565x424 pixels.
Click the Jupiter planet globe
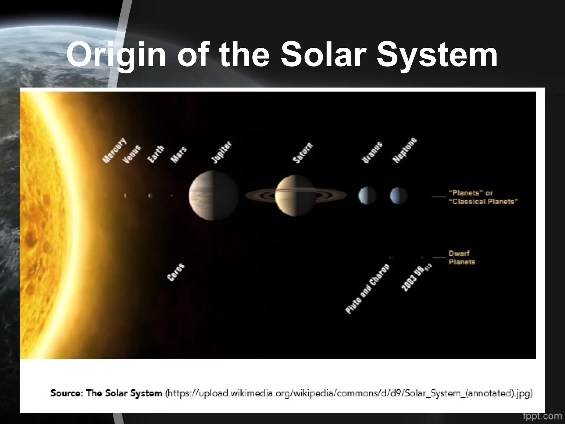pos(213,195)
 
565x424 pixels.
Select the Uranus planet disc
pos(367,195)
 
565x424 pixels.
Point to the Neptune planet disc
pos(399,195)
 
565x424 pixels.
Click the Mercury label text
pos(114,150)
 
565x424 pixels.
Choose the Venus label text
pos(132,155)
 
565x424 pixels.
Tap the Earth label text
pos(156,154)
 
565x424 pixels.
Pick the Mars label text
pos(178,155)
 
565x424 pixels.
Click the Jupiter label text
pos(221,152)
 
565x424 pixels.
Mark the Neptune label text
pos(404,150)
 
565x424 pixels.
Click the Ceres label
pos(176,272)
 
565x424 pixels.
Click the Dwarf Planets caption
pos(462,257)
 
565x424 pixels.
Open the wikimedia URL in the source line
pos(349,393)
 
